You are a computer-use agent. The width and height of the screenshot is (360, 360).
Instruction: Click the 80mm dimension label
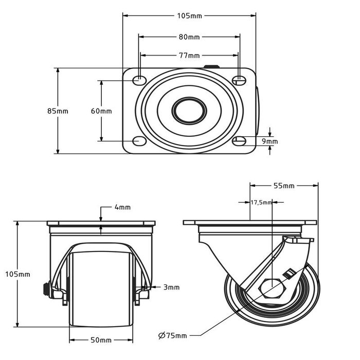pos(189,37)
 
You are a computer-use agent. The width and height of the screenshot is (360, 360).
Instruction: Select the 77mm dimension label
pos(189,56)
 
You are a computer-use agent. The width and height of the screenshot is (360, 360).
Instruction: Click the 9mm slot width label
pos(269,141)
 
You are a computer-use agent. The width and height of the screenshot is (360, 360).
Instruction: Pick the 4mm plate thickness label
pos(122,207)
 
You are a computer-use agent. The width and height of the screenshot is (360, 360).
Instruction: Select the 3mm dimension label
pos(171,287)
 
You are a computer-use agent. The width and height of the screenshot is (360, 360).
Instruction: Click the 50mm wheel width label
pos(101,340)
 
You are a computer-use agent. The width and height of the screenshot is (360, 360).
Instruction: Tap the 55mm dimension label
pos(283,186)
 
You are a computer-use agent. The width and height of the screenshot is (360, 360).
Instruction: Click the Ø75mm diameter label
pos(173,336)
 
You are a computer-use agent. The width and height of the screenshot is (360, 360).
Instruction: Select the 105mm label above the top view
pos(189,16)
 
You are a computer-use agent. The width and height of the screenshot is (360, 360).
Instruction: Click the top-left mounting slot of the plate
pos(139,80)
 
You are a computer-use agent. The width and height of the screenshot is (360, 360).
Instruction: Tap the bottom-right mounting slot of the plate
pos(239,140)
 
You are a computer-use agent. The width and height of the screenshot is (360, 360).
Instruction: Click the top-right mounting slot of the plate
pos(239,80)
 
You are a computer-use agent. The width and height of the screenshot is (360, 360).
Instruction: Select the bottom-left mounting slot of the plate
pos(139,140)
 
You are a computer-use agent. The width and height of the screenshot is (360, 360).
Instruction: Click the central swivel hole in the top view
pos(189,110)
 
